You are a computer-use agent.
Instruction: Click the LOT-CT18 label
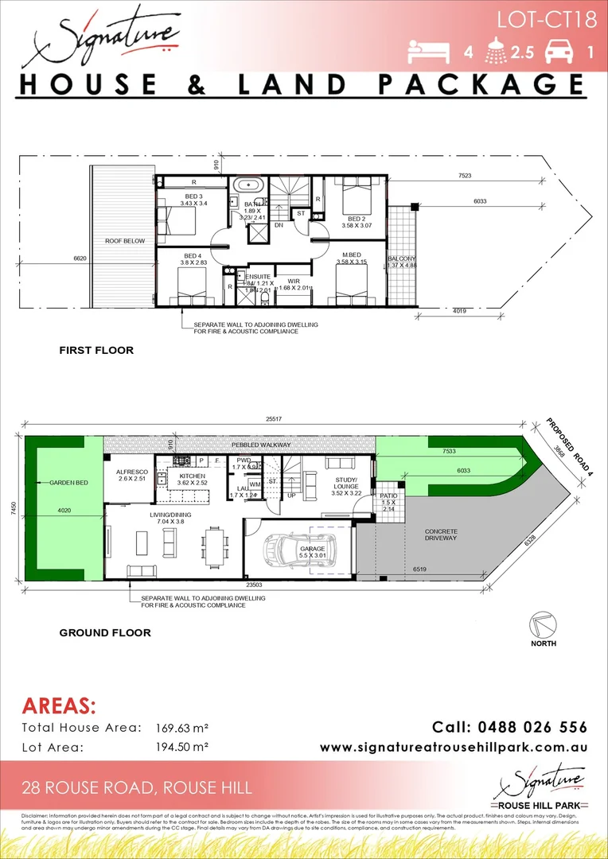pyautogui.click(x=547, y=20)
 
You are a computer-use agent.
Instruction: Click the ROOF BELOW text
pyautogui.click(x=123, y=239)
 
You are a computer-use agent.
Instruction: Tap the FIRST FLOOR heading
pyautogui.click(x=96, y=350)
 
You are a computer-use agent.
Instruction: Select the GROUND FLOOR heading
pyautogui.click(x=105, y=633)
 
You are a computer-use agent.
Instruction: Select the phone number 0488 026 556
pyautogui.click(x=509, y=727)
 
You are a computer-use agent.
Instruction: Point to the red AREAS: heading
pyautogui.click(x=59, y=706)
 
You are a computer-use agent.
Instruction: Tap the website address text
pyautogui.click(x=454, y=748)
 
